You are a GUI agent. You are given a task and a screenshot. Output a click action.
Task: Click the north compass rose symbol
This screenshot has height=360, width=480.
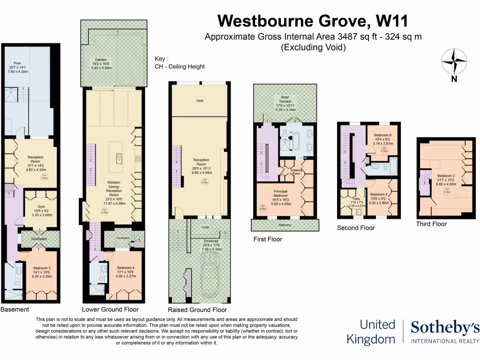click(454, 60)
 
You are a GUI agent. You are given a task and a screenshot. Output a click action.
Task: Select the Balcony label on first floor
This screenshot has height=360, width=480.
click(285, 226)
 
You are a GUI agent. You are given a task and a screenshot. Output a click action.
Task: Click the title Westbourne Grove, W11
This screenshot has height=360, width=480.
click(313, 21)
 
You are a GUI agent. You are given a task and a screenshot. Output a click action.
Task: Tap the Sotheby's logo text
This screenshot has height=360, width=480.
click(445, 328)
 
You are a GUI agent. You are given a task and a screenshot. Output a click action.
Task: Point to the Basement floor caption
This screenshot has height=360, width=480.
click(15, 309)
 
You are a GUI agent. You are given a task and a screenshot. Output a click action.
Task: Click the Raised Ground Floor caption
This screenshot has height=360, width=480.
click(197, 310)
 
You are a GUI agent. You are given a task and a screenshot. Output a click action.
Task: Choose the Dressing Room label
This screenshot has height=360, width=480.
click(296, 172)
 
